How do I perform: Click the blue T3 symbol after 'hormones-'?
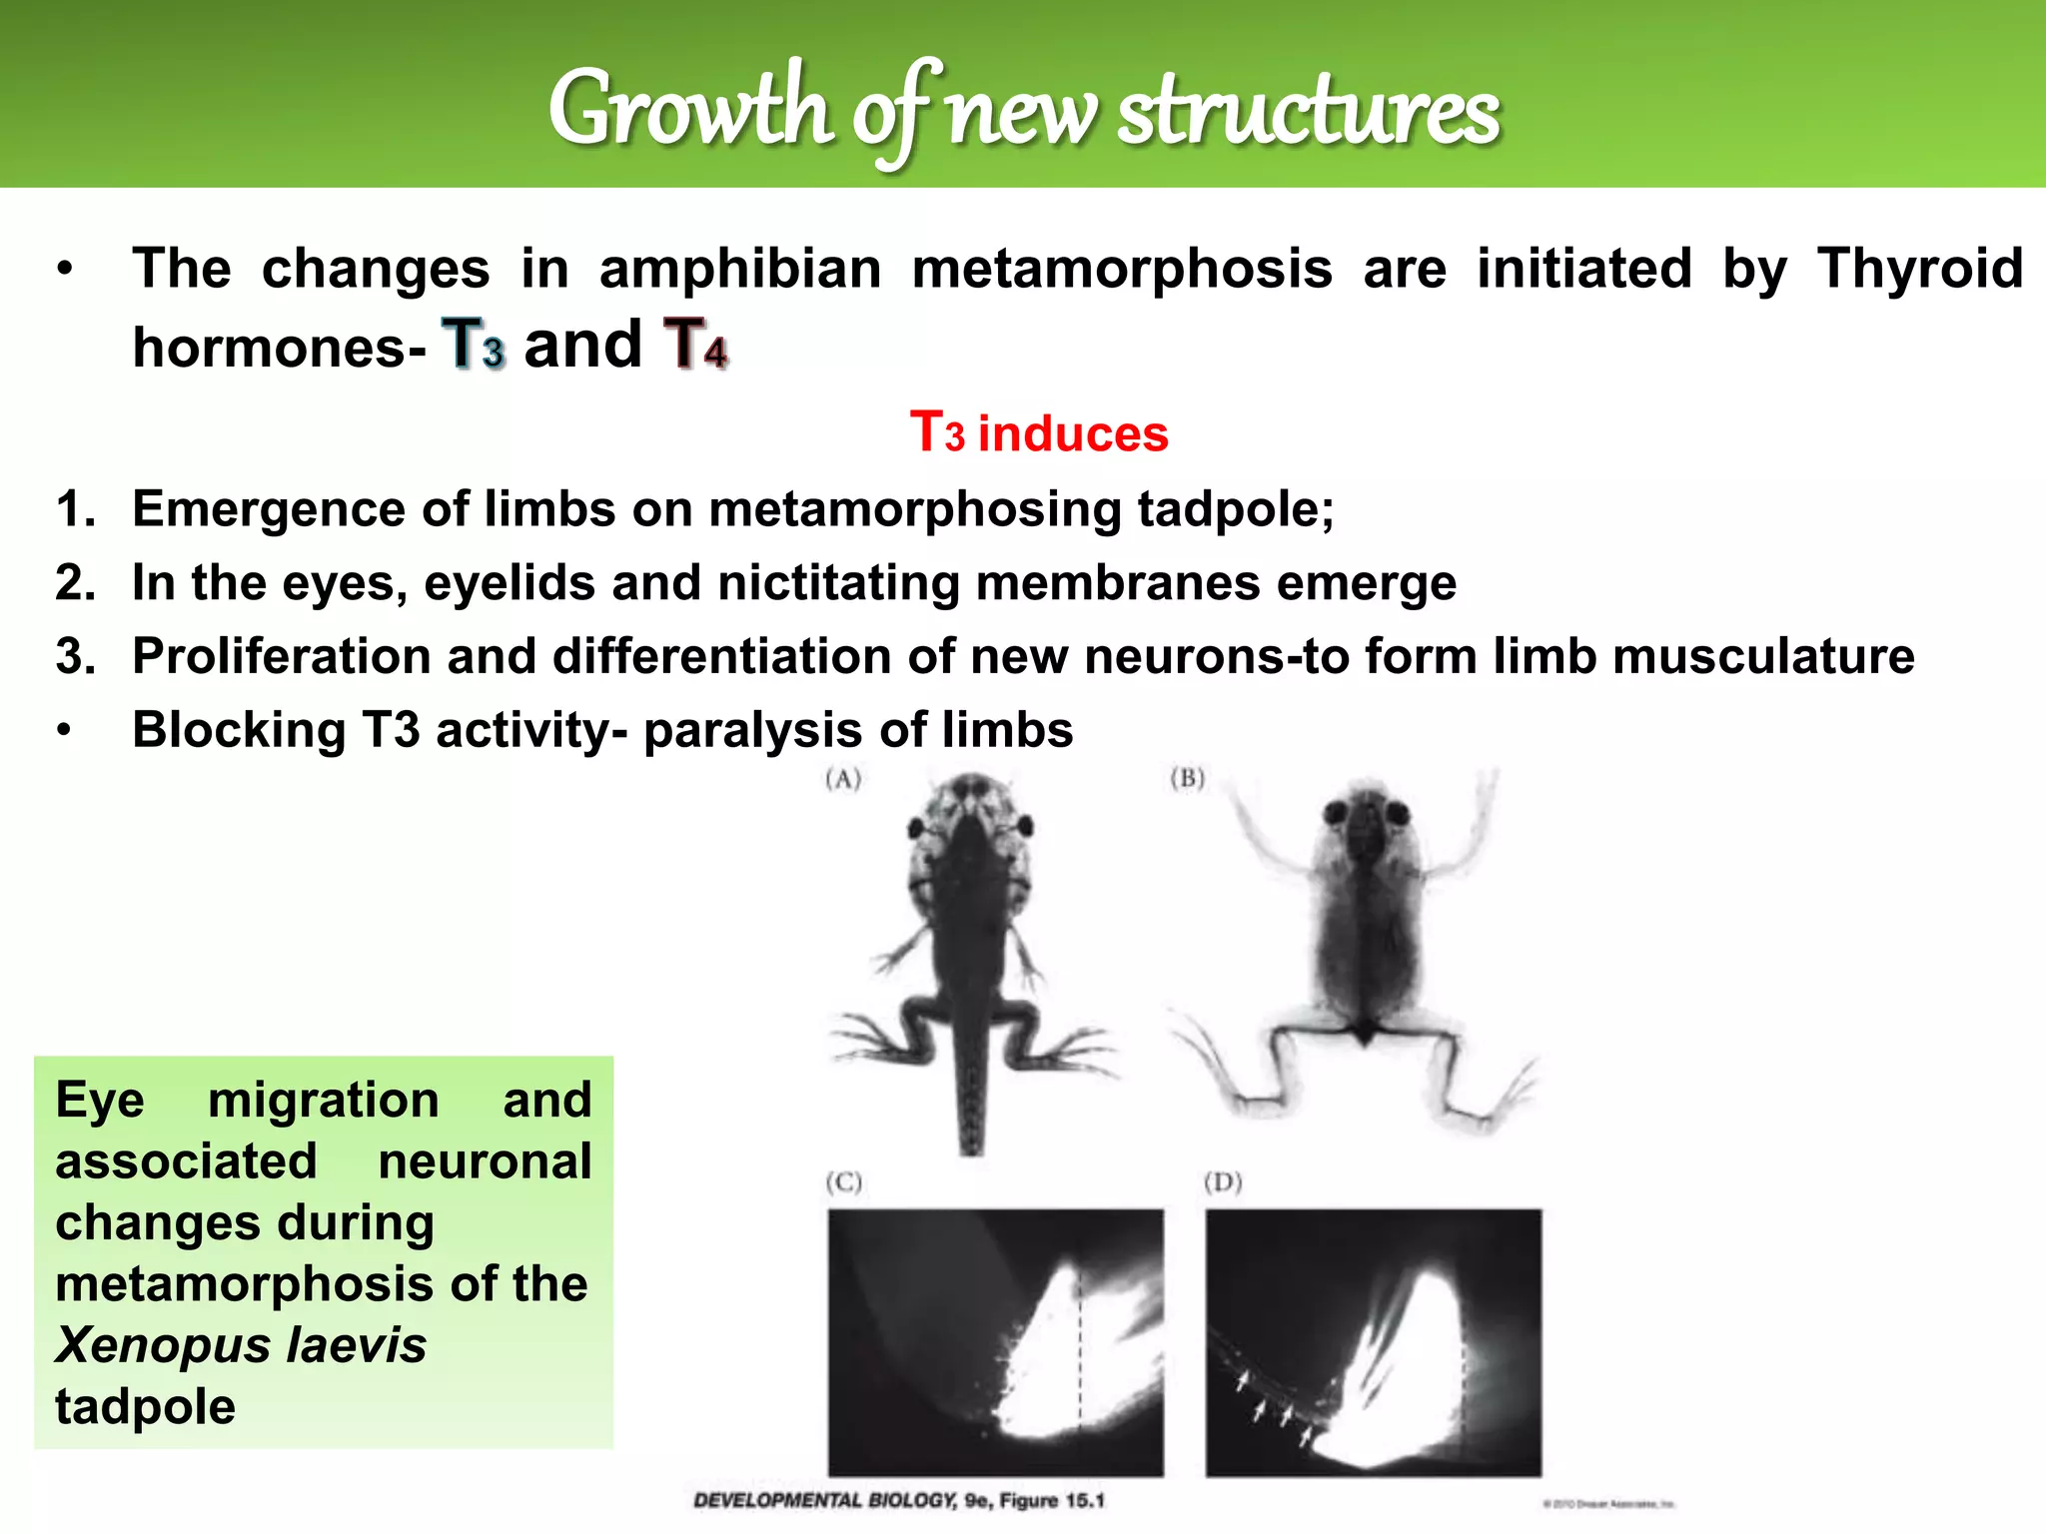[474, 345]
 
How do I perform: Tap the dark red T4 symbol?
[695, 345]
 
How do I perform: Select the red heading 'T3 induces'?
[1039, 433]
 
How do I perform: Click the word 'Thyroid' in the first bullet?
[1919, 269]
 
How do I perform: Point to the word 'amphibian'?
[740, 269]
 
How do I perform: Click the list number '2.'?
[76, 582]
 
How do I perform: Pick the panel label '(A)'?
[843, 779]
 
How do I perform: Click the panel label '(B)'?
[1187, 778]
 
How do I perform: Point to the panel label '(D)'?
[1223, 1182]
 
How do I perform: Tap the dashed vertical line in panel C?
[1080, 1348]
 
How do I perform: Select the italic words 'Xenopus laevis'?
[241, 1344]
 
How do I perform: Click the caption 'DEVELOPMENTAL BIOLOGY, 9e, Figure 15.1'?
[899, 1500]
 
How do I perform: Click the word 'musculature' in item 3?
[1763, 656]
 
